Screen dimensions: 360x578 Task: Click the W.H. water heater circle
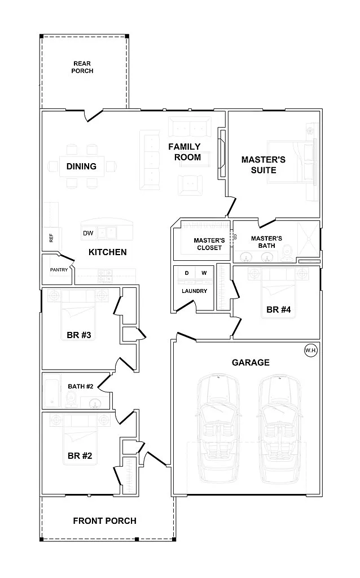311,350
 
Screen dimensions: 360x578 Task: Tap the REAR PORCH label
82,67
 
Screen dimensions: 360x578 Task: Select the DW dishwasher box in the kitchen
88,233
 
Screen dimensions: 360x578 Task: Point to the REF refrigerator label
51,238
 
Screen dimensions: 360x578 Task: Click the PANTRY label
59,270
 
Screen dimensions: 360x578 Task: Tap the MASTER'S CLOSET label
209,244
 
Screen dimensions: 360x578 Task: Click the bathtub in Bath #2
52,392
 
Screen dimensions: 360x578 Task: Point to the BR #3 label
79,335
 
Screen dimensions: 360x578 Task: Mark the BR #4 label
279,310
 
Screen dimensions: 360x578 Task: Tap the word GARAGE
251,363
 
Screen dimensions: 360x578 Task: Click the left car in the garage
219,429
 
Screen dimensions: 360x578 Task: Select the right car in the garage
280,429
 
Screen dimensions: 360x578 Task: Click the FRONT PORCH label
104,521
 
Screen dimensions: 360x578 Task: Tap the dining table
81,167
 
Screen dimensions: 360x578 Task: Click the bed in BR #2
80,439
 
